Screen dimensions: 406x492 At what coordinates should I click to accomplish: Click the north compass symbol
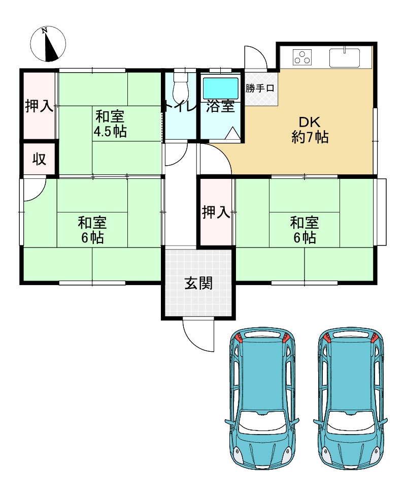tap(48, 44)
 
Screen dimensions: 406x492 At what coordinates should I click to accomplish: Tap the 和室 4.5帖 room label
tap(110, 124)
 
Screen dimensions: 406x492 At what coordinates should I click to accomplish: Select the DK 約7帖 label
tap(310, 130)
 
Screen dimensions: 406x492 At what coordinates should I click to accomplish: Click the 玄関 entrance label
tap(198, 283)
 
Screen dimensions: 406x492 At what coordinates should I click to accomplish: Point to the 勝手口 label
tap(260, 88)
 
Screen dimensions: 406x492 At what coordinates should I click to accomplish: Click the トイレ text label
tap(179, 106)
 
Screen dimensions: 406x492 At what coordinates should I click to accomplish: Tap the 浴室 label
tap(221, 106)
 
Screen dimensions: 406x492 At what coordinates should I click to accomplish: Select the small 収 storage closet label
tap(40, 160)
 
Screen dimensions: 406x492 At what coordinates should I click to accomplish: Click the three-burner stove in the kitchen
tap(302, 57)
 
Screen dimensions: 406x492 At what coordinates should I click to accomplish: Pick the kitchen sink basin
tap(344, 58)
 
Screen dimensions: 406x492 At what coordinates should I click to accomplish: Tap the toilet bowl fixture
tap(180, 85)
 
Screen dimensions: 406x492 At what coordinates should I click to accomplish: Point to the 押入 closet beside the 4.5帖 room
tap(40, 105)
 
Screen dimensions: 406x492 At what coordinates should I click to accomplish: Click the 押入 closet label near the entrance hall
tap(216, 212)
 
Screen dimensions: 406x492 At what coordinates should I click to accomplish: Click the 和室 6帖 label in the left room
tap(92, 230)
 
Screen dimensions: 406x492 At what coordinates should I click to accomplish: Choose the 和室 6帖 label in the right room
tap(304, 230)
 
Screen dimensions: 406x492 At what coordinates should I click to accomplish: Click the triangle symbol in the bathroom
tap(232, 134)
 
